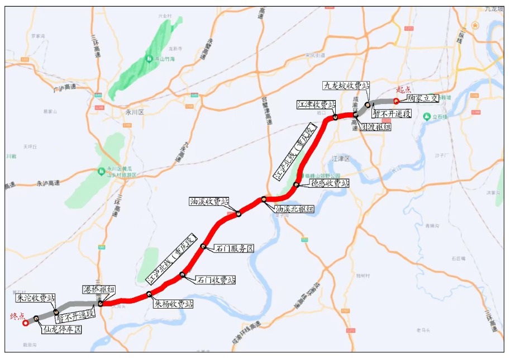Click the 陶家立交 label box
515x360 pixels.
(x=423, y=97)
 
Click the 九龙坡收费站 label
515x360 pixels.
(x=346, y=86)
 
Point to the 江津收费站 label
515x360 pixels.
(x=316, y=105)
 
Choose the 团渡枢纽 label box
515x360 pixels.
(x=375, y=127)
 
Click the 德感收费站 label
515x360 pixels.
(x=330, y=183)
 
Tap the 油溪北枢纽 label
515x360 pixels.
(x=294, y=209)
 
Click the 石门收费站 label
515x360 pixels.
(x=216, y=279)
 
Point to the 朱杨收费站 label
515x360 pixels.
(x=174, y=304)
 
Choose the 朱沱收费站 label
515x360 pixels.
(x=36, y=297)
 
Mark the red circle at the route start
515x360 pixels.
(x=396, y=101)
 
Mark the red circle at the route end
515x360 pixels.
(x=25, y=323)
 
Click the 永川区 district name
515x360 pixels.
(x=135, y=112)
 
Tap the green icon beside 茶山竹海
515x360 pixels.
(x=149, y=58)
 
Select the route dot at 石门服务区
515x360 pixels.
(x=203, y=247)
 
